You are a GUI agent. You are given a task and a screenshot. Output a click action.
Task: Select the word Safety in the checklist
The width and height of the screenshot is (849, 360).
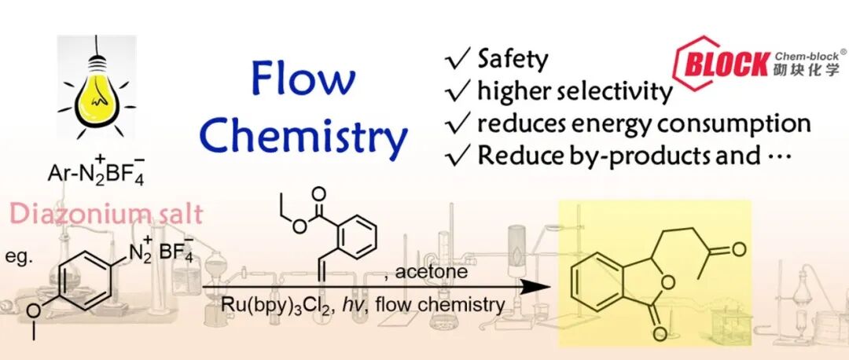(513, 58)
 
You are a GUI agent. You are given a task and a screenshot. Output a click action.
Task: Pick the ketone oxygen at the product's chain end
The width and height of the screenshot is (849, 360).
(740, 251)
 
